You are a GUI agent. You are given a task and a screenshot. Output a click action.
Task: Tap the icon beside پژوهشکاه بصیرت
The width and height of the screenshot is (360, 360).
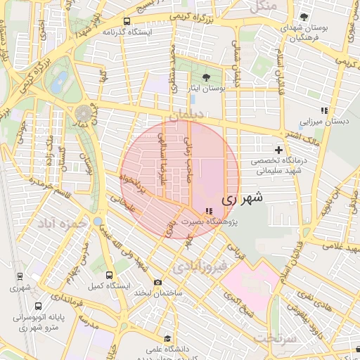[208, 211]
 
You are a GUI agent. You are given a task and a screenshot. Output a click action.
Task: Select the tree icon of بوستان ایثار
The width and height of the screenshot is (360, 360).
[205, 78]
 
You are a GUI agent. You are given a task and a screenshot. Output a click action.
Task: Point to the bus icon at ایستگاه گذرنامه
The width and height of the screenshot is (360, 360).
[127, 22]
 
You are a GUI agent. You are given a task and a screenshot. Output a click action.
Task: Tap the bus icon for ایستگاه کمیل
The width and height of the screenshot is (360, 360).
[108, 275]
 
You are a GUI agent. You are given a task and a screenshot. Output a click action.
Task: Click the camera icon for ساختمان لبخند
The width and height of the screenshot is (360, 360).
[157, 282]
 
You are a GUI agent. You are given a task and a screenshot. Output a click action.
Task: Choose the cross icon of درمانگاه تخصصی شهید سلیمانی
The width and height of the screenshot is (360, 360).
[279, 150]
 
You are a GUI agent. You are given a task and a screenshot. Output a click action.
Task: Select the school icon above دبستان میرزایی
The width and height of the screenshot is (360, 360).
[323, 110]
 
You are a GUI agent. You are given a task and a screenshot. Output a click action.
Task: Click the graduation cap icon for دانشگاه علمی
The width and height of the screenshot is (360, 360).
[167, 338]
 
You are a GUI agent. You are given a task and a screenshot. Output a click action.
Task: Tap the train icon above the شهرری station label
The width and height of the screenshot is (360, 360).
[15, 276]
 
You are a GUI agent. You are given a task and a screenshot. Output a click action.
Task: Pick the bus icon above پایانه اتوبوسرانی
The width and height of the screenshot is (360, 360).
[37, 306]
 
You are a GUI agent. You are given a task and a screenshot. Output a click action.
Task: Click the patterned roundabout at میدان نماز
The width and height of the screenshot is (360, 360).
[85, 112]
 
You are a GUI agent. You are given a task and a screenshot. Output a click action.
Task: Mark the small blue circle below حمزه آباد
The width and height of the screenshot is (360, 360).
[97, 222]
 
